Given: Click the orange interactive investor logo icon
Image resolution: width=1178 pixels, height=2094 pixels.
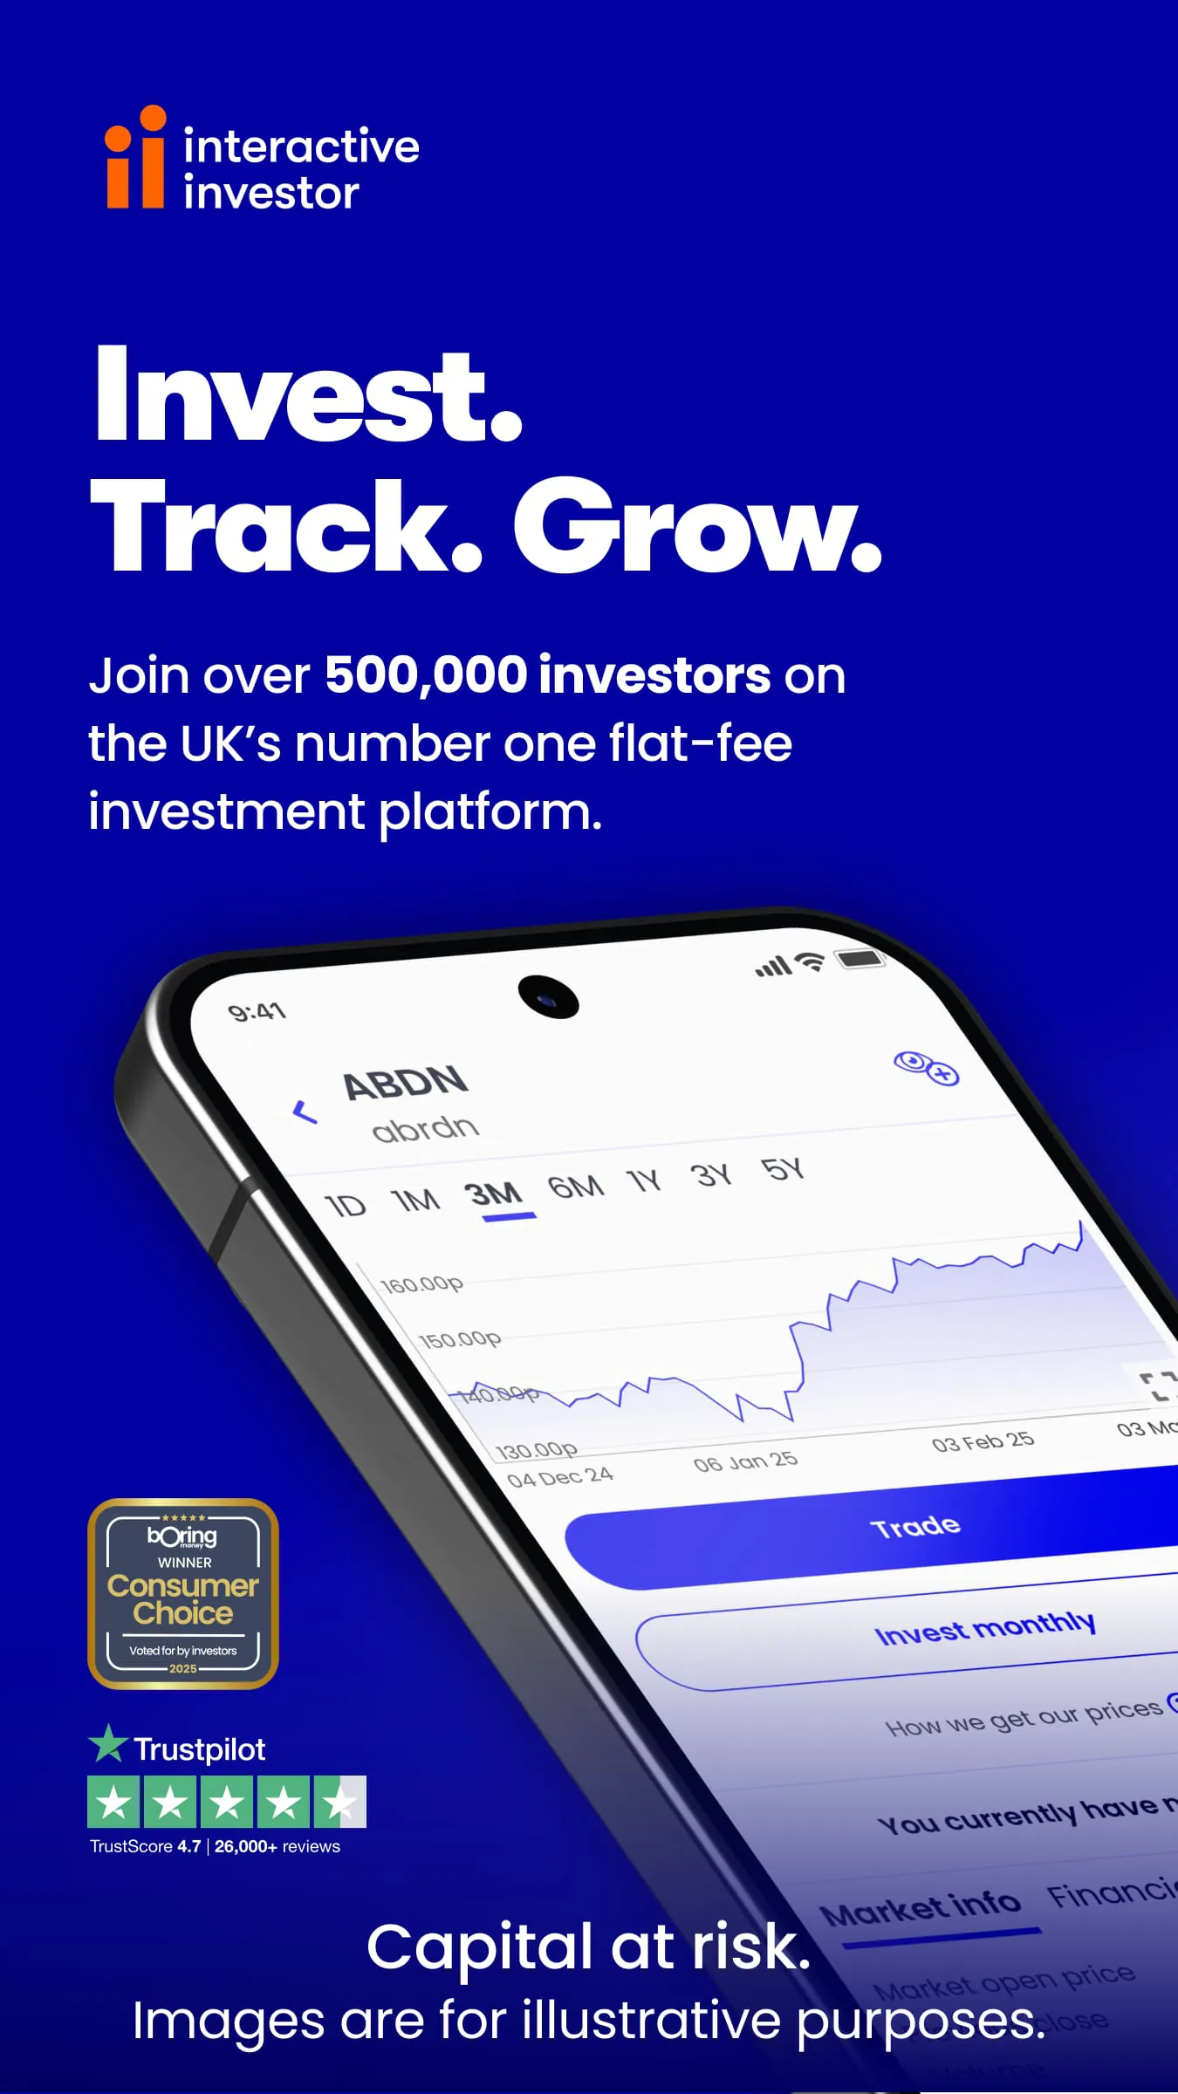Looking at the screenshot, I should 135,159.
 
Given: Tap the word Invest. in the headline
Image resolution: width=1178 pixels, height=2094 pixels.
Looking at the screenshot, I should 308,396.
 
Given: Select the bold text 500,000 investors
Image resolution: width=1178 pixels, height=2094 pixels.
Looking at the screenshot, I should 547,675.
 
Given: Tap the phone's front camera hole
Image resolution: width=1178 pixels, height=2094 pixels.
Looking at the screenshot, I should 548,996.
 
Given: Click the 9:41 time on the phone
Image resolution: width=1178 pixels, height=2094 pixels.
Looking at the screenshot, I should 257,1012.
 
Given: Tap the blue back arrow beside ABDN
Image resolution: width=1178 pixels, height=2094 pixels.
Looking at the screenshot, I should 305,1112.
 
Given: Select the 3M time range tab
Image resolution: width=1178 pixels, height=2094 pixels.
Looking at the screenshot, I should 493,1194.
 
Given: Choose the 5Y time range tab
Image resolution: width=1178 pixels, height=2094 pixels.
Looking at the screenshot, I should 782,1169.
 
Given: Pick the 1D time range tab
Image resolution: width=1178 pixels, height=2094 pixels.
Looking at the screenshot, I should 346,1206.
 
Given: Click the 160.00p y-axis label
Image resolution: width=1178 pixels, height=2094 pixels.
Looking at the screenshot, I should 422,1284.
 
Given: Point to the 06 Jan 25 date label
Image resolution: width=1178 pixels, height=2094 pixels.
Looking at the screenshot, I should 745,1461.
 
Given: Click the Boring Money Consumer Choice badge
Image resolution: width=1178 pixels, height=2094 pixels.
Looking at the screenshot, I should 183,1593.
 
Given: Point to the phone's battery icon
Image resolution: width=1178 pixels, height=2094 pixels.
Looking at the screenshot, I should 860,959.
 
